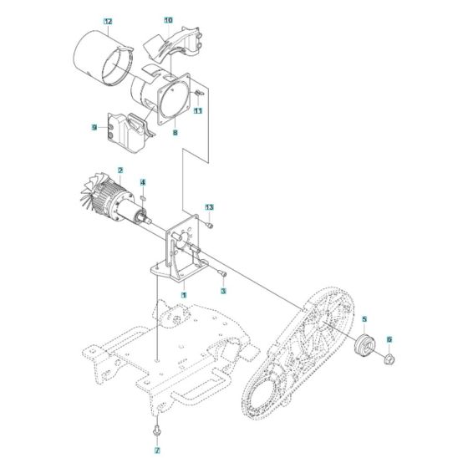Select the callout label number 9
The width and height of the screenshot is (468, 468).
tap(94, 128)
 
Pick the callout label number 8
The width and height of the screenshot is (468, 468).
tap(175, 132)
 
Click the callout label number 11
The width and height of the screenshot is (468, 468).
tap(198, 110)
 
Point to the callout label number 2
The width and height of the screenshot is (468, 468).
tap(120, 170)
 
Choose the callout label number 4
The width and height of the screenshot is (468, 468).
tap(143, 182)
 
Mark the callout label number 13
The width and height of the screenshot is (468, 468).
tap(210, 206)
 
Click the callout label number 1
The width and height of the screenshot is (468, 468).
tap(183, 295)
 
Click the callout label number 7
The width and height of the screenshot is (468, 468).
tap(156, 452)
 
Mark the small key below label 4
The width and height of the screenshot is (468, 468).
tap(144, 197)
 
